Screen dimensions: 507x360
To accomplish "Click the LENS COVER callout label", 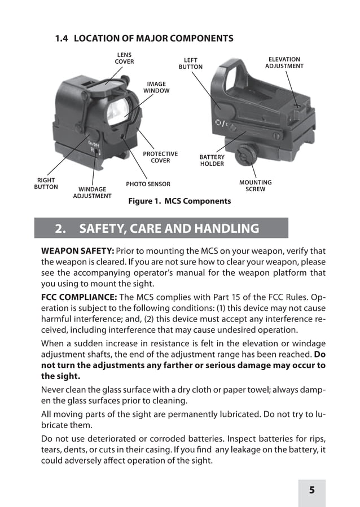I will click(x=124, y=58).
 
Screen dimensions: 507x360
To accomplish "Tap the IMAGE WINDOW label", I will click(x=156, y=87).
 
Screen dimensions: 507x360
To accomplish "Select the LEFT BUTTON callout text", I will click(x=190, y=64).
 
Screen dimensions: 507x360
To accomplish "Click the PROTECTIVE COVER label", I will click(x=160, y=157).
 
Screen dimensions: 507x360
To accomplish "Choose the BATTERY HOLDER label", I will click(x=212, y=161).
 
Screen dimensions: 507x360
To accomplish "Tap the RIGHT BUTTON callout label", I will click(x=46, y=183).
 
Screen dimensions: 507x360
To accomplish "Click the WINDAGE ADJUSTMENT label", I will click(x=92, y=192).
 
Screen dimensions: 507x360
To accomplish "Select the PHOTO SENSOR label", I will click(x=148, y=184).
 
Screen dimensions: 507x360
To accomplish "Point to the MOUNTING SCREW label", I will click(x=255, y=186).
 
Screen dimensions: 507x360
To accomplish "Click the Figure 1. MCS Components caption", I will click(x=179, y=201).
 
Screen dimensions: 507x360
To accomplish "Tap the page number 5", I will click(x=311, y=490).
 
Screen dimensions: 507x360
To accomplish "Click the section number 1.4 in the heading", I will click(x=62, y=38).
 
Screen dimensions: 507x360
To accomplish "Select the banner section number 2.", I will click(x=59, y=228).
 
